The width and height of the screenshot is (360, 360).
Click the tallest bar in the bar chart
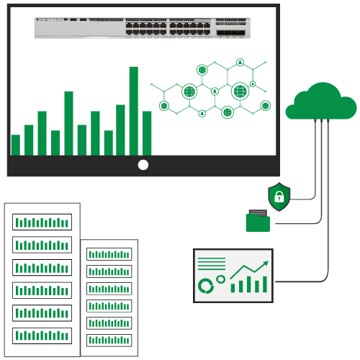point(133,111)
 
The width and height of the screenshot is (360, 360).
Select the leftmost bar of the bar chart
point(16,145)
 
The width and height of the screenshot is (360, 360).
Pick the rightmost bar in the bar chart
point(147,133)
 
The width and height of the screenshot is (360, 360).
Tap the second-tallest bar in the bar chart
point(68,123)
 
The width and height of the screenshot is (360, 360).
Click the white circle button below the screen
point(143,165)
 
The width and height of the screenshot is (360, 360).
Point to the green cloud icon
point(321,102)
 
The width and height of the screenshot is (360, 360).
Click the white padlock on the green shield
point(279,197)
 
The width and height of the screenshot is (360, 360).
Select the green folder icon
point(258,222)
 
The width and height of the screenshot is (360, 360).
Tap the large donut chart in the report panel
point(206,285)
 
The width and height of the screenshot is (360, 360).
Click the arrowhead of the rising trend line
point(266,264)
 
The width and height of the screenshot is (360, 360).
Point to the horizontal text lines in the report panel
point(212,264)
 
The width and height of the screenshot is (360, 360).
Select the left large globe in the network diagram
point(189,91)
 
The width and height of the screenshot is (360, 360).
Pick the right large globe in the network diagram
point(240,91)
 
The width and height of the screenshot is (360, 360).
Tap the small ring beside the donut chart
point(221,279)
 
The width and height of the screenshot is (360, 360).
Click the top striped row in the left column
point(42,223)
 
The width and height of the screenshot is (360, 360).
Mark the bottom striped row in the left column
point(42,336)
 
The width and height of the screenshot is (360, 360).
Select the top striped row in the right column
point(109,254)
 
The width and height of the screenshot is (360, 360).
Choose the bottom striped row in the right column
point(109,341)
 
